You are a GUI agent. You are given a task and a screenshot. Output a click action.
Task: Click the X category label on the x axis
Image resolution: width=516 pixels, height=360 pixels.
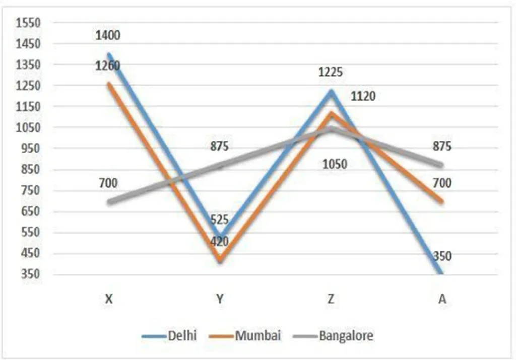[109, 299]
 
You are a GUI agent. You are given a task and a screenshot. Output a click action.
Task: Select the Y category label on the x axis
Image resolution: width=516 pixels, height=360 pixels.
[220, 299]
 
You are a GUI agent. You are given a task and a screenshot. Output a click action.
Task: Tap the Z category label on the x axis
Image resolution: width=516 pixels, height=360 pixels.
[331, 299]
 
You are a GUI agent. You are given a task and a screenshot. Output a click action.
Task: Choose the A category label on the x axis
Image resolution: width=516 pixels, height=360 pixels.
[442, 299]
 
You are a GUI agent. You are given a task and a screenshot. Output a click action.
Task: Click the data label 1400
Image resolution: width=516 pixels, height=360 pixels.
[109, 36]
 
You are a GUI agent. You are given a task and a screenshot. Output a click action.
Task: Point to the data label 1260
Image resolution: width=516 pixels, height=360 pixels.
[109, 66]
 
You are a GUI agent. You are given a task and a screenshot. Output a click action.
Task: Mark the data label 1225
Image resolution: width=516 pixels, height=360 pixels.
[330, 72]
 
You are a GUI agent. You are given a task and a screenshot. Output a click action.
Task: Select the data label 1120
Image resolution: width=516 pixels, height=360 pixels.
[363, 96]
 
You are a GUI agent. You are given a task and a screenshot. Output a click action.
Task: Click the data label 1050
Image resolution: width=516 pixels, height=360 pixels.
[335, 165]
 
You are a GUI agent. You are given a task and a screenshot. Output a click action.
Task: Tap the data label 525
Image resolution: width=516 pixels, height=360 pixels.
[220, 220]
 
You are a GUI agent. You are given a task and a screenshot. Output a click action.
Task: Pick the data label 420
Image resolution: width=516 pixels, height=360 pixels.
[220, 241]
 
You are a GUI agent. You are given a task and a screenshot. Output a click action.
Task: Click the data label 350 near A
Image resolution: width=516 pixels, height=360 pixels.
[442, 256]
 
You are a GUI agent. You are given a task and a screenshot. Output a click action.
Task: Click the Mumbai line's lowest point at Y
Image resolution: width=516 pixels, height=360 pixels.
[220, 261]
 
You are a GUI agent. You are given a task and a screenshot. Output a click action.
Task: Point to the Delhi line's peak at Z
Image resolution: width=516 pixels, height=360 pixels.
[331, 92]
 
